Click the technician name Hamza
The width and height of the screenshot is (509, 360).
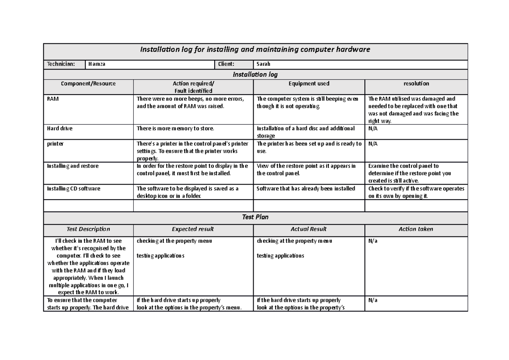pos(97,64)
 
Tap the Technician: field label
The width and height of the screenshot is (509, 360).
pos(61,64)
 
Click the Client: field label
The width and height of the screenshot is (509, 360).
pos(226,64)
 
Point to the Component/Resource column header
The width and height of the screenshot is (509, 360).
pos(88,84)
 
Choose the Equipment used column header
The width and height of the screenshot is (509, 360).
pos(309,84)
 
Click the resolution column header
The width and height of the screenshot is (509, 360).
pos(416,84)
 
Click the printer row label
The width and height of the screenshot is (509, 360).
pos(55,144)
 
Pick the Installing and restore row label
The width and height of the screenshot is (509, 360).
pos(73,166)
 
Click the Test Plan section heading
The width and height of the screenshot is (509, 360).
pos(255,217)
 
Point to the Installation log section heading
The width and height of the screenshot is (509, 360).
pos(255,75)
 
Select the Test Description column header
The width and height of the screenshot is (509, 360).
pos(88,229)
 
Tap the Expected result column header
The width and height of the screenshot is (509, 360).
pos(193,229)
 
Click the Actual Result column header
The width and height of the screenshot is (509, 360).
pos(308,229)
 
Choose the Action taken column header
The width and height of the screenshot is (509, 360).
pos(416,229)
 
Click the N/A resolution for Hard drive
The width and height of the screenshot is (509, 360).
pos(373,128)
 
